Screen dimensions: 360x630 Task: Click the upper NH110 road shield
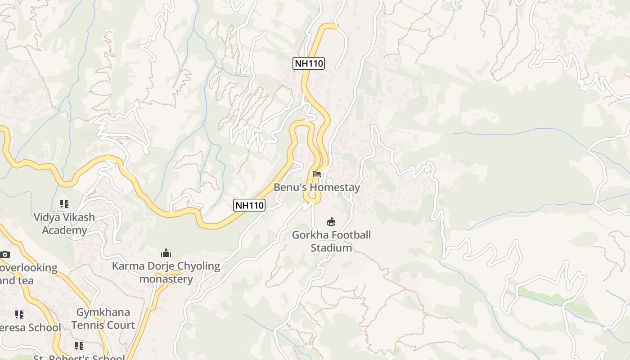click(x=309, y=63)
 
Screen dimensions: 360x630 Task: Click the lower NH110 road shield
click(x=250, y=206)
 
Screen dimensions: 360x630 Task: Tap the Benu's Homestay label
click(x=317, y=187)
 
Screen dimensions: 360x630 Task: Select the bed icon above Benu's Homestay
click(x=317, y=174)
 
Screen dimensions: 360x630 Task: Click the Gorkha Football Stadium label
click(x=331, y=241)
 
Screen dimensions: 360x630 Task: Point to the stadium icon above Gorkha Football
click(x=331, y=221)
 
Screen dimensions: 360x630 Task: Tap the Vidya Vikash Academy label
click(x=64, y=224)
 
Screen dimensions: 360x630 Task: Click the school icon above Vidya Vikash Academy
click(x=64, y=204)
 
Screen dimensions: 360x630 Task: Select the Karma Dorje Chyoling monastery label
click(x=166, y=272)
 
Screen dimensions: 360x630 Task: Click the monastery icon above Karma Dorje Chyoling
click(x=166, y=253)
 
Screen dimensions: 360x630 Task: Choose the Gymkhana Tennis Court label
click(x=103, y=319)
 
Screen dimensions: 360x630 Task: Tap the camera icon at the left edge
click(x=5, y=255)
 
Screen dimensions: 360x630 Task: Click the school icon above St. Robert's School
click(x=79, y=346)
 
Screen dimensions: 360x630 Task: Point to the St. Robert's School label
click(x=79, y=357)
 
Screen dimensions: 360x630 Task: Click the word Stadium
click(x=331, y=248)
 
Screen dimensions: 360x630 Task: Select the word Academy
click(x=64, y=230)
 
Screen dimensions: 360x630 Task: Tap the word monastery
click(x=166, y=279)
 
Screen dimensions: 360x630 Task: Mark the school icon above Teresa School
click(x=19, y=314)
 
